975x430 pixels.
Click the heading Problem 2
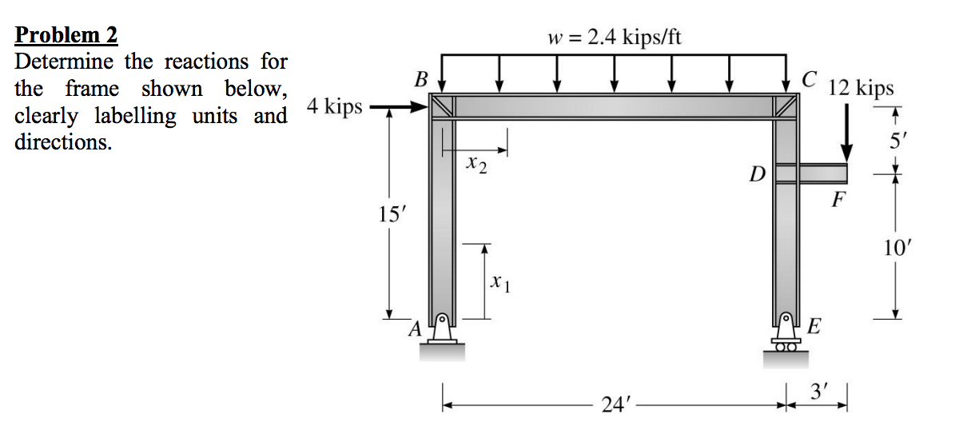click(x=66, y=35)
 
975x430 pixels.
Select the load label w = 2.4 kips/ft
click(x=614, y=37)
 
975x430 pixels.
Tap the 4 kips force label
click(x=335, y=106)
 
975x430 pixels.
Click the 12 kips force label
click(x=862, y=87)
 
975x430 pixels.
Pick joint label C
click(x=810, y=79)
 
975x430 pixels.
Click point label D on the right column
click(x=757, y=173)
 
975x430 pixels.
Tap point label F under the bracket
click(x=837, y=199)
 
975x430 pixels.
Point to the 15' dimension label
click(x=389, y=214)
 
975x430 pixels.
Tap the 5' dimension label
click(x=895, y=145)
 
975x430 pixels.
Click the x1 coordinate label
click(x=499, y=281)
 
